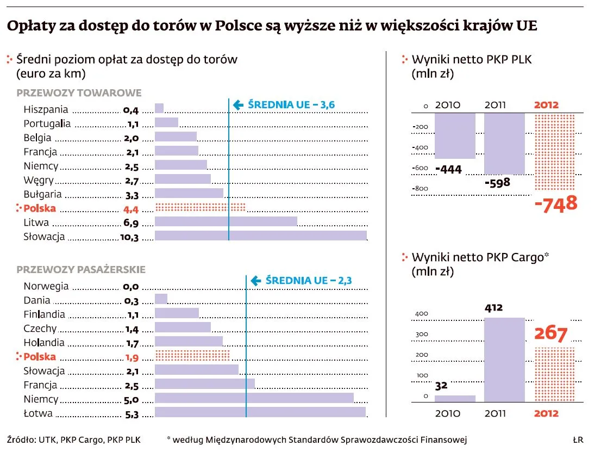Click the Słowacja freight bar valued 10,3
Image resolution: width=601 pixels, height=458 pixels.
click(x=261, y=236)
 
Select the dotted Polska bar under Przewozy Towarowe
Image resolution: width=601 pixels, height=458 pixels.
click(x=200, y=207)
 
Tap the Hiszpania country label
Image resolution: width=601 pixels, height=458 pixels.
click(x=46, y=109)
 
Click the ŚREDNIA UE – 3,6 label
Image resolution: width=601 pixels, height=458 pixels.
click(x=291, y=104)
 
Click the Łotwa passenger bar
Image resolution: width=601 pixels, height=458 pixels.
click(x=260, y=413)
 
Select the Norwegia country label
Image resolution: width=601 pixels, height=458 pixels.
click(x=46, y=286)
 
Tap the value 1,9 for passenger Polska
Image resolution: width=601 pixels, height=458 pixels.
click(x=132, y=357)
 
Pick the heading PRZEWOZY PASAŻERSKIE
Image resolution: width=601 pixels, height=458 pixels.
click(x=81, y=269)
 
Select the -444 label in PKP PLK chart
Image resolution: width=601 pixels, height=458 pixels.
click(x=448, y=170)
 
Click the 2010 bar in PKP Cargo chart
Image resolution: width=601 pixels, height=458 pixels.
click(x=455, y=398)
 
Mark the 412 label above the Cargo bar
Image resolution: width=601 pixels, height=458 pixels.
click(x=494, y=308)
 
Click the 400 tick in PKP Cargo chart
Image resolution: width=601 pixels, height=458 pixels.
click(x=422, y=314)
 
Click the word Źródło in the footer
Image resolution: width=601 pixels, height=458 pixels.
click(x=20, y=440)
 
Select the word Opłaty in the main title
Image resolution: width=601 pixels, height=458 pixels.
click(x=33, y=26)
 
